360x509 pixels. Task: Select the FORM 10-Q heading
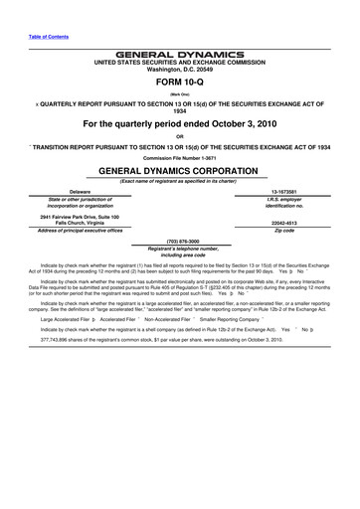(x=180, y=83)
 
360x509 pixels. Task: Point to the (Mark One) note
(x=180, y=95)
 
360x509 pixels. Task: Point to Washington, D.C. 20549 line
(x=180, y=68)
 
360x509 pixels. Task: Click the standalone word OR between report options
(x=180, y=135)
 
